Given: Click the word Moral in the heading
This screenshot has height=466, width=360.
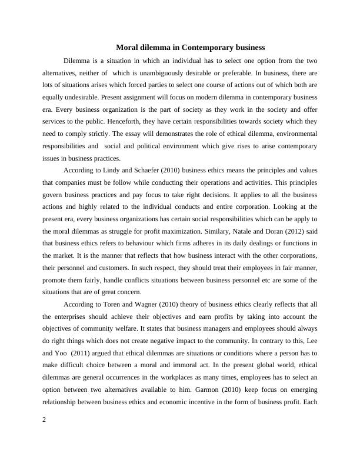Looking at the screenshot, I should pyautogui.click(x=128, y=47).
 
